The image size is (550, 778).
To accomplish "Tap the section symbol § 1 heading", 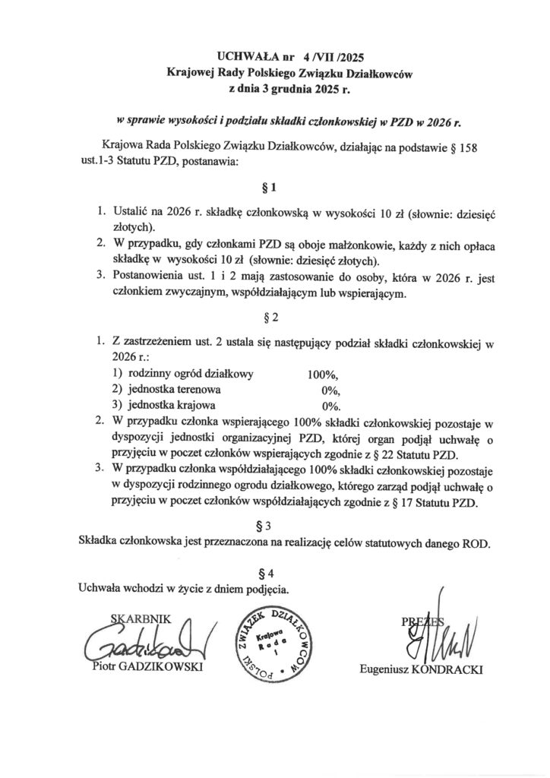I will click(275, 186).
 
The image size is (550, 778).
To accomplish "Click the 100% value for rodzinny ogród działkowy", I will click(322, 374).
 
